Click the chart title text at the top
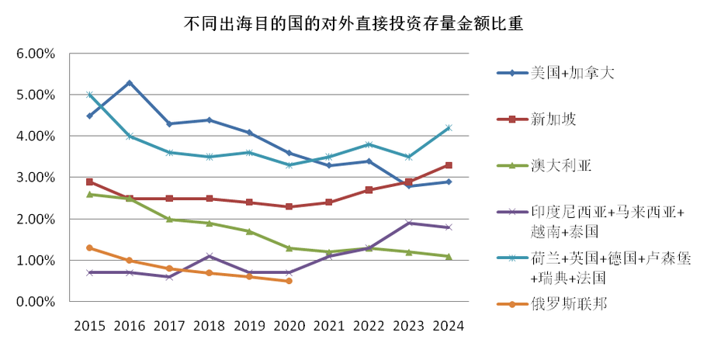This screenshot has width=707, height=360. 353,22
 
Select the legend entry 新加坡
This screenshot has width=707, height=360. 553,119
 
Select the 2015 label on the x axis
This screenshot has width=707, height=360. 90,326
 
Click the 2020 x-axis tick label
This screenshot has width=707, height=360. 289,326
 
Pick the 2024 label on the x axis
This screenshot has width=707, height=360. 449,326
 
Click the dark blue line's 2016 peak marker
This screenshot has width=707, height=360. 130,83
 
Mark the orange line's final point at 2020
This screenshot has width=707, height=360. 289,281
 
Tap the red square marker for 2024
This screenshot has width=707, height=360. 449,165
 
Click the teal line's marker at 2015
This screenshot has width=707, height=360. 90,95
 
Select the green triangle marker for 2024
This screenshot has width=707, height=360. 449,256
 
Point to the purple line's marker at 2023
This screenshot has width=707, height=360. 409,223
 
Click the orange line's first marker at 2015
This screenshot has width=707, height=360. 90,247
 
